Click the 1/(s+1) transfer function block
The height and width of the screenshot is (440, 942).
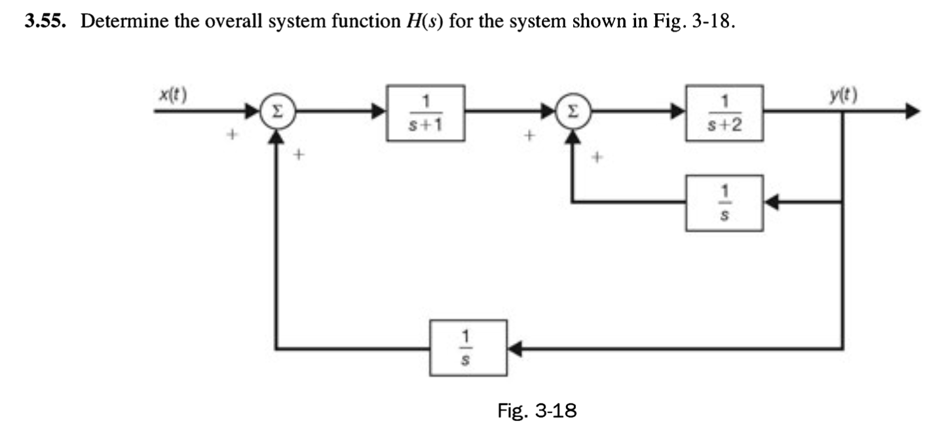[x=426, y=113]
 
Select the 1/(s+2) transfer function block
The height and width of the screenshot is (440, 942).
[x=724, y=113]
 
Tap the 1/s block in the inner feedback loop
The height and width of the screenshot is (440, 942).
[x=724, y=203]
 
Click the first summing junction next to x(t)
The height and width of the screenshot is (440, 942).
[x=277, y=112]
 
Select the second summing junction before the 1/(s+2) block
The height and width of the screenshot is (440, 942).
[x=575, y=112]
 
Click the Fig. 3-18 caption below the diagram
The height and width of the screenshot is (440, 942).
[x=537, y=411]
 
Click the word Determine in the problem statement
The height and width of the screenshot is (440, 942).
[x=122, y=23]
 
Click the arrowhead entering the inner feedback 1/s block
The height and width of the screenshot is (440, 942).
[x=772, y=203]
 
